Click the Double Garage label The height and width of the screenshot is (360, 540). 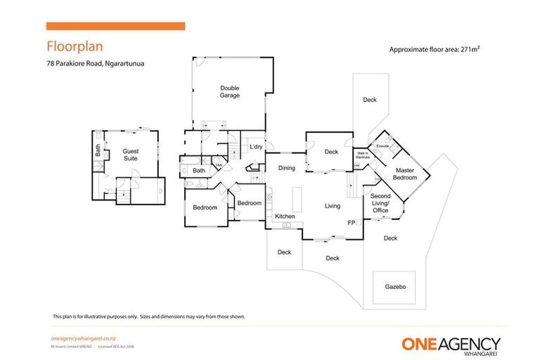coord(230,91)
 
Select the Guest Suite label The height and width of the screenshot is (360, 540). coord(131,155)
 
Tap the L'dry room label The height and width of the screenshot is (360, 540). coord(256,147)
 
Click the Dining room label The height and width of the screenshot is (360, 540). coord(286,168)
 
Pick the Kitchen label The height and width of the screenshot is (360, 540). coord(284,216)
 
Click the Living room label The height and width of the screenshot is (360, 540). coord(332,206)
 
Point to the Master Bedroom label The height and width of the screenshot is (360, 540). coord(406,174)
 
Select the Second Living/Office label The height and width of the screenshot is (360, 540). coord(380,203)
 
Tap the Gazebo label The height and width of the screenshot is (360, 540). coord(395,287)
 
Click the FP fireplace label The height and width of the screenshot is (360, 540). coord(351,223)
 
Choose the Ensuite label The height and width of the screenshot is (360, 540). coord(382,146)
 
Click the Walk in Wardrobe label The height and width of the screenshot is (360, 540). coord(362,155)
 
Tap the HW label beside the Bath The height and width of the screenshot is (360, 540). coord(219,165)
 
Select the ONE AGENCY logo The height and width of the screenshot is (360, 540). coord(451,345)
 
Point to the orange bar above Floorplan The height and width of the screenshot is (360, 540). coord(115,26)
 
